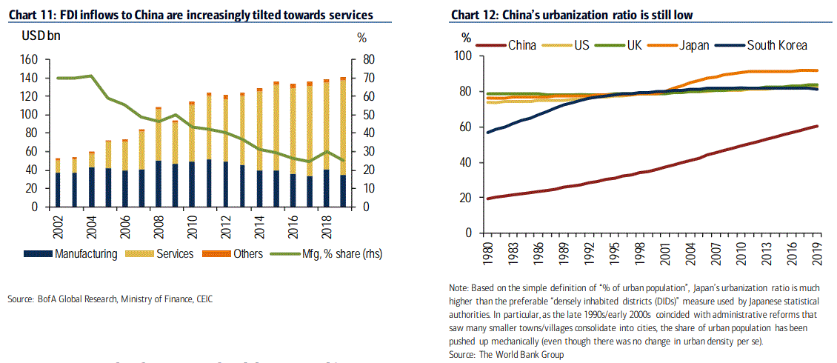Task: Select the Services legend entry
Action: coord(175,254)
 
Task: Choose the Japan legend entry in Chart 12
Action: coord(693,45)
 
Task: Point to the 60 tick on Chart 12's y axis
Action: coord(464,127)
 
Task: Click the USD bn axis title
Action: coord(28,35)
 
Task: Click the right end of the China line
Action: coord(816,127)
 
